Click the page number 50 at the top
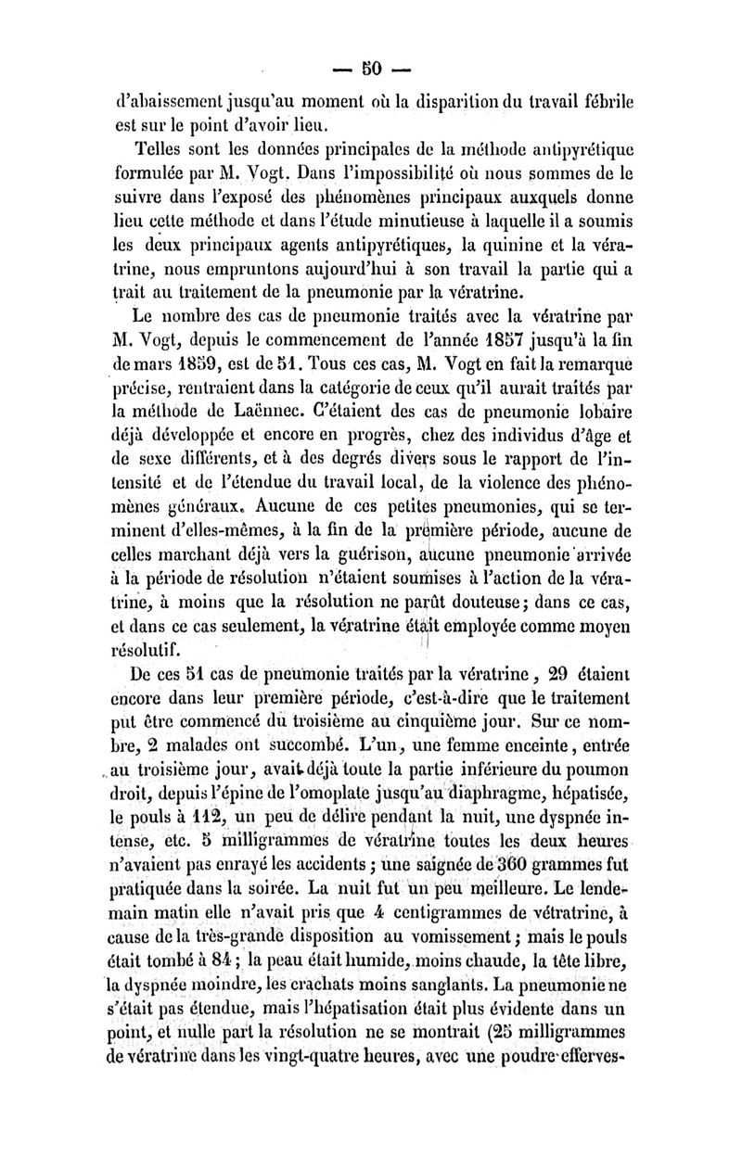371,68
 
